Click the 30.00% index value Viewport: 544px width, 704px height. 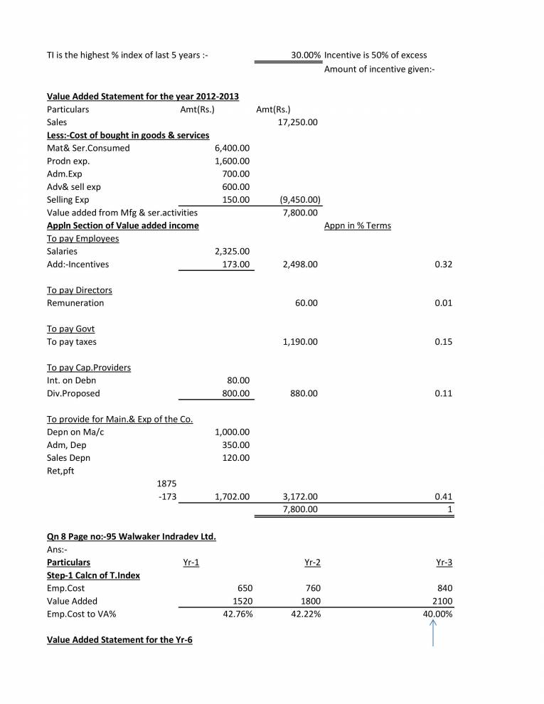(305, 55)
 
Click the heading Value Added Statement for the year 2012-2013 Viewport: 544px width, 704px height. (142, 97)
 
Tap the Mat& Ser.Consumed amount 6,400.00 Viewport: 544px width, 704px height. (232, 149)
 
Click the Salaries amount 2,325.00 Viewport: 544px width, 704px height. (232, 252)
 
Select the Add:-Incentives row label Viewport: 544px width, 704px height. (79, 265)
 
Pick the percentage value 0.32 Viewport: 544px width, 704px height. (447, 265)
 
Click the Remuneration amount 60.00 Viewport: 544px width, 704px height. (306, 303)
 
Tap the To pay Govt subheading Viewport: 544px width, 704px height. (70, 329)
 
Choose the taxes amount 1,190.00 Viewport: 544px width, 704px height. (299, 342)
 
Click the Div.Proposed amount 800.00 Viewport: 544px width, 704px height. (235, 393)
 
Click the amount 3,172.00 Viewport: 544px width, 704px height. (299, 496)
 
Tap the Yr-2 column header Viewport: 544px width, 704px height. (312, 562)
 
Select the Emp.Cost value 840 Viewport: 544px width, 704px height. (444, 588)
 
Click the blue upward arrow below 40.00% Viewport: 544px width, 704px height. (433, 633)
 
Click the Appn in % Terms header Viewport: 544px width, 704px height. (357, 226)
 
